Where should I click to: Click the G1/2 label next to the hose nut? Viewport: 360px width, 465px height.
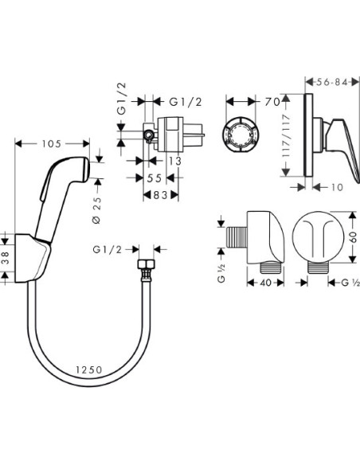[x=105, y=248]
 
